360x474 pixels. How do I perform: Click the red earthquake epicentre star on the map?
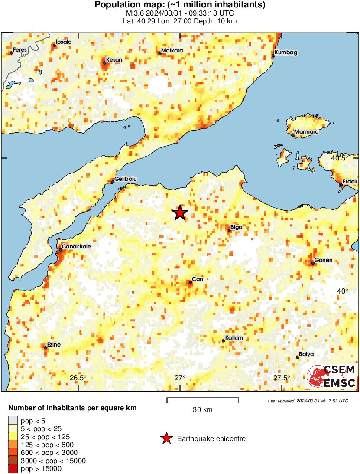tap(180, 213)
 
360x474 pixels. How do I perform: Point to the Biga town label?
tap(237, 227)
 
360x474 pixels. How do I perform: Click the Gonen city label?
tap(323, 260)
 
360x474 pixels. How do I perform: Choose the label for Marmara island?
tap(306, 132)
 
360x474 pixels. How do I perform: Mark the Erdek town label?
tap(350, 181)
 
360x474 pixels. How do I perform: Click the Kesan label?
tap(114, 59)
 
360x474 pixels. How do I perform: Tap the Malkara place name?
tap(172, 51)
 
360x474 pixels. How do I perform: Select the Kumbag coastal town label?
tap(286, 52)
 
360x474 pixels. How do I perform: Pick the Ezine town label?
tap(54, 345)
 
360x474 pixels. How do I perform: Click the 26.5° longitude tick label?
tap(78, 378)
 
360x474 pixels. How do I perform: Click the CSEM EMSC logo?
tap(331, 376)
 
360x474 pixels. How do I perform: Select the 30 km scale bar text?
tap(202, 410)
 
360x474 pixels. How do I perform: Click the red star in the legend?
tap(166, 439)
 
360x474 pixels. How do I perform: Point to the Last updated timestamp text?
tap(308, 401)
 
